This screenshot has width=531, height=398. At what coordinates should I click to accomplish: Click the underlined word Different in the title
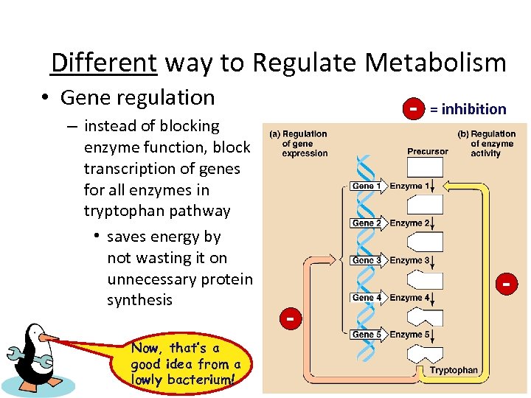[x=103, y=63]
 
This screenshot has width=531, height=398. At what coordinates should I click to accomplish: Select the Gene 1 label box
[x=367, y=186]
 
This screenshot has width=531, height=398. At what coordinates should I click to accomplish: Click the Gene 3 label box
[x=367, y=260]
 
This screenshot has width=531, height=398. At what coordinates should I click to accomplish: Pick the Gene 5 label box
[x=367, y=334]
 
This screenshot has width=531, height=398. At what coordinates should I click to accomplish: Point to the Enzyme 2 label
[x=406, y=223]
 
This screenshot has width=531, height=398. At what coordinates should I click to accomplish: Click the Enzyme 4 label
[x=406, y=298]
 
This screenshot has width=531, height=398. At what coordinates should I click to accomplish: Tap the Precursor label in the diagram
[x=428, y=151]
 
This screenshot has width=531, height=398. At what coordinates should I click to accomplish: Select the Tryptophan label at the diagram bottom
[x=454, y=370]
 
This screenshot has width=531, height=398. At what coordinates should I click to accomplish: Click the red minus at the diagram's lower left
[x=291, y=318]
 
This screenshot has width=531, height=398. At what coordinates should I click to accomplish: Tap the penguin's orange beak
[x=49, y=338]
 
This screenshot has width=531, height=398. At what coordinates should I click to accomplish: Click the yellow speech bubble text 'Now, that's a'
[x=176, y=348]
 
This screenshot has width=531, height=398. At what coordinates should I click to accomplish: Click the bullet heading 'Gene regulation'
[x=137, y=97]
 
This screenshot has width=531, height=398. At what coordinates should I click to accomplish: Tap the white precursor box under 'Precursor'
[x=426, y=167]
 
